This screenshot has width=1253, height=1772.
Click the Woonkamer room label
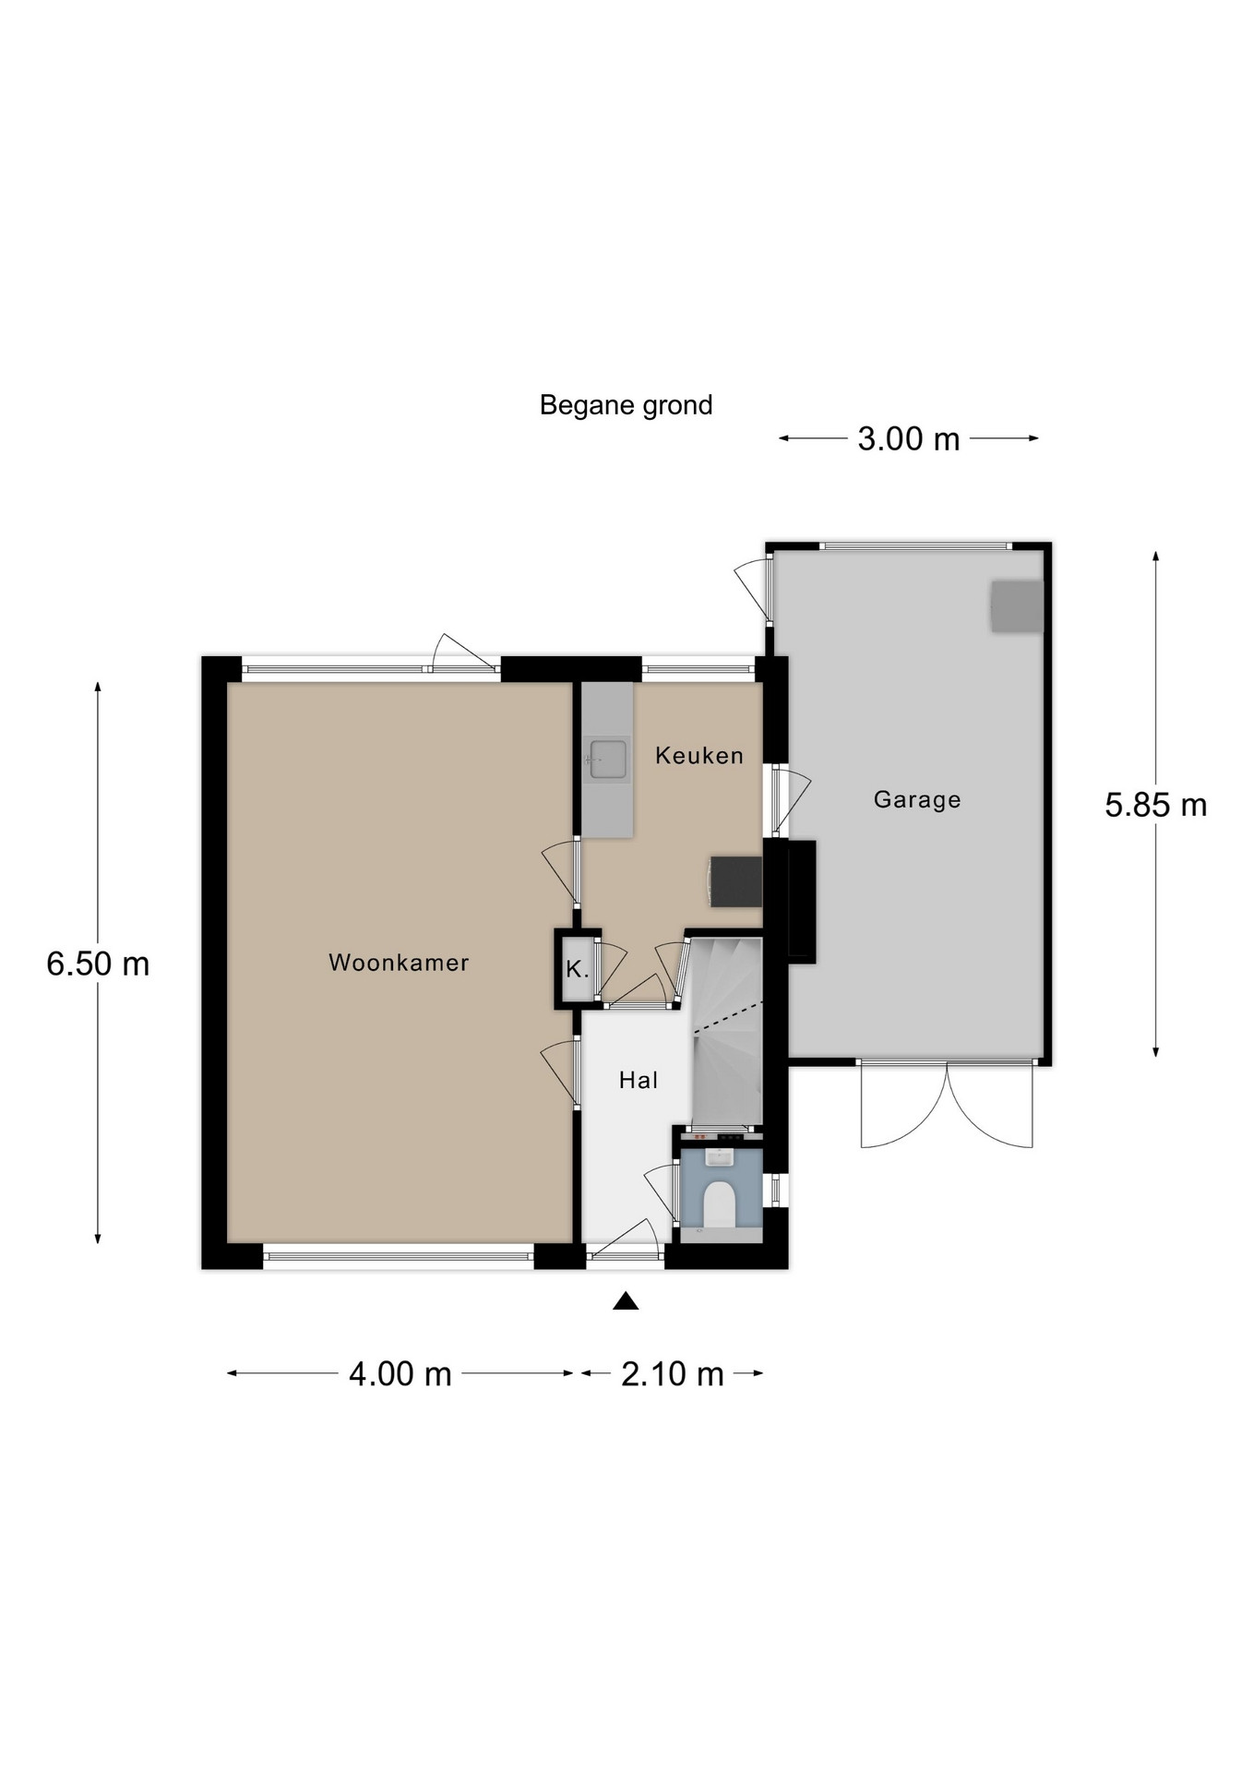399,963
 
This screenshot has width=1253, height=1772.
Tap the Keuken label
699,756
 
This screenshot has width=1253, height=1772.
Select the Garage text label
917,799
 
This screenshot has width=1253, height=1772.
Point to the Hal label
638,1080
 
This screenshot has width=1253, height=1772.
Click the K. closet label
578,970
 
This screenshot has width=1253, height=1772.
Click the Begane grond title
626,405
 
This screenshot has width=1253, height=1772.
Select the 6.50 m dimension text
98,964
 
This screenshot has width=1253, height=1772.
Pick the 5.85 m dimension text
1156,805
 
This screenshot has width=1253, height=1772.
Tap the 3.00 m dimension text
909,438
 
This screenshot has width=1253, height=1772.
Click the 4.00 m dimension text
400,1374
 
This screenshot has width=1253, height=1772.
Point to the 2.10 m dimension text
673,1374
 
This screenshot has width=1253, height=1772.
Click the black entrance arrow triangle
626,1301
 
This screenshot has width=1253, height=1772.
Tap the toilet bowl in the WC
719,1205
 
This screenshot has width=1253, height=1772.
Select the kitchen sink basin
608,760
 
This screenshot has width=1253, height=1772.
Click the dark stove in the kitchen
736,881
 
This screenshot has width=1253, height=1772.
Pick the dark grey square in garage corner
1017,606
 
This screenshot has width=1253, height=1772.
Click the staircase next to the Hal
727,1032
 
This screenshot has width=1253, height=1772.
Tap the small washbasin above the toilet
719,1156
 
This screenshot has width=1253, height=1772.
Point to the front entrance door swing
625,1239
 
